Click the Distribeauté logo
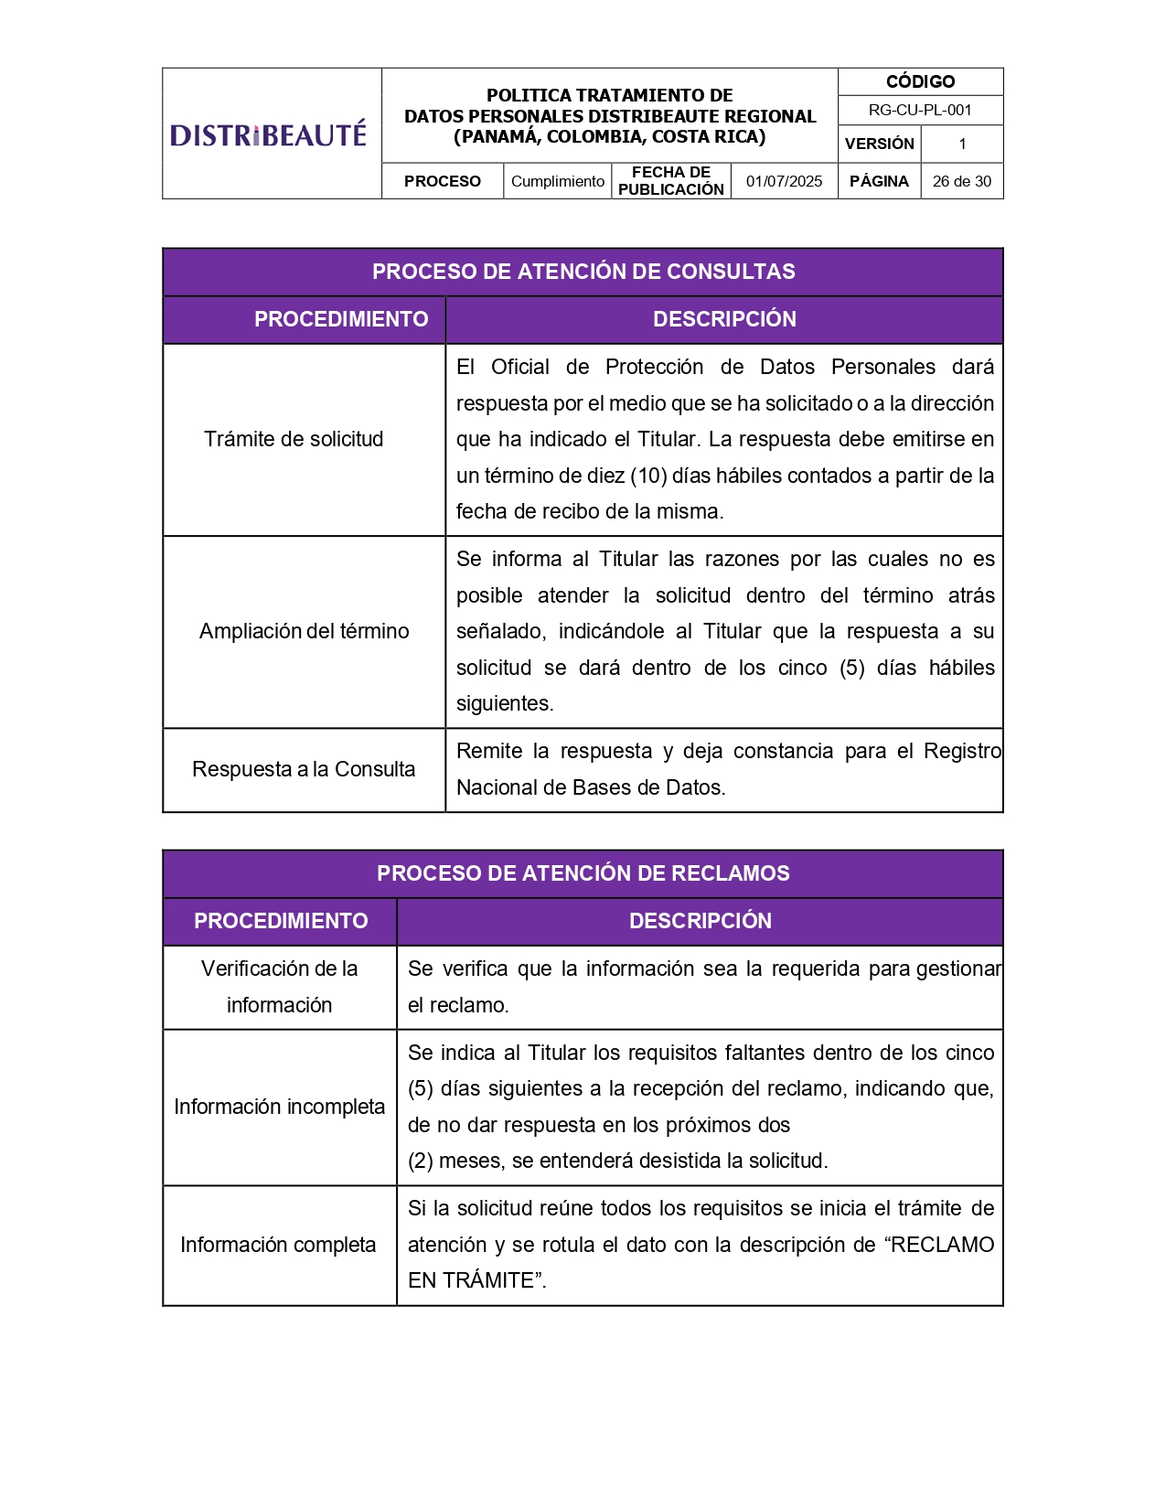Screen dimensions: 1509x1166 click(268, 134)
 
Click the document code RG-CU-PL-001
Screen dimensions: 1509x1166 click(920, 110)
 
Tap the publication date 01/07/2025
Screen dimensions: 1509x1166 click(784, 181)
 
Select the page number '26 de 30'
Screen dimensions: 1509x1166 click(961, 181)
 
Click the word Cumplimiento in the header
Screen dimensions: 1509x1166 click(558, 181)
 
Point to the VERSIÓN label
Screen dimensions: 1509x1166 click(879, 144)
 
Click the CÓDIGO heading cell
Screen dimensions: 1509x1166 click(920, 81)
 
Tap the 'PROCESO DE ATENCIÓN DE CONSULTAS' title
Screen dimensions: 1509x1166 click(583, 272)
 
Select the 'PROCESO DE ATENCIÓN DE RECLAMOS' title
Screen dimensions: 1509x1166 click(583, 873)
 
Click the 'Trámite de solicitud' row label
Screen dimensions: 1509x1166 click(294, 439)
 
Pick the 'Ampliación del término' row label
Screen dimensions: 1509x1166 click(304, 631)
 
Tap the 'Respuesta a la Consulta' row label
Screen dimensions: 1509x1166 click(304, 769)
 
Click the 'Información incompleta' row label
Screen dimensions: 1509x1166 click(279, 1107)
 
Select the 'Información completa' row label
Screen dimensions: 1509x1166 click(278, 1245)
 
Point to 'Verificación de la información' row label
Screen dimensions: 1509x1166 click(279, 987)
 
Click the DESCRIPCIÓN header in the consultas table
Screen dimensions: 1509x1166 click(724, 319)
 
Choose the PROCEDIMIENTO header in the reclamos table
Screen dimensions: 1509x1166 click(281, 921)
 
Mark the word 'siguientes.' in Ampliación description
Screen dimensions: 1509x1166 click(505, 703)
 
